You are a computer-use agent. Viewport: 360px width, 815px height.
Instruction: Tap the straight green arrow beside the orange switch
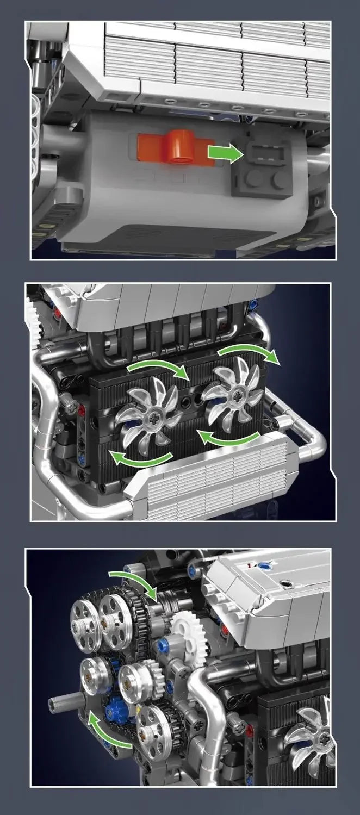click(x=225, y=154)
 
